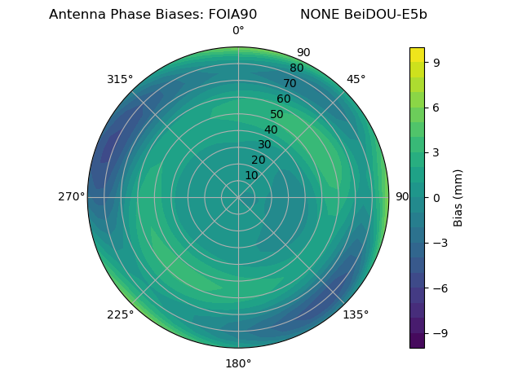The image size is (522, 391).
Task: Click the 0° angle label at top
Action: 238,31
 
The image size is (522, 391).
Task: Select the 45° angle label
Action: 356,79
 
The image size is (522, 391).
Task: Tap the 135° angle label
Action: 356,314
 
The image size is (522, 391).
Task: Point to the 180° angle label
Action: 238,363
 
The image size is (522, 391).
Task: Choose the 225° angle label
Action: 120,314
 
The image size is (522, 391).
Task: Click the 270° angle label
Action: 71,197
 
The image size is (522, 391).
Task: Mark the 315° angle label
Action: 120,79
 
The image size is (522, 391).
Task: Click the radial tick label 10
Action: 251,175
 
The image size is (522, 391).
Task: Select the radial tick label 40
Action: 271,130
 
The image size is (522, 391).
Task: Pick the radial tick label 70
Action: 290,83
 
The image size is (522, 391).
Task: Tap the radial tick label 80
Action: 296,68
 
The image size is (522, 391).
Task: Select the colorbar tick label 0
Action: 437,197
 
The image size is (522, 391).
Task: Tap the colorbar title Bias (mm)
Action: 458,197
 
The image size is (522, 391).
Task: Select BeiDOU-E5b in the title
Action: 388,15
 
